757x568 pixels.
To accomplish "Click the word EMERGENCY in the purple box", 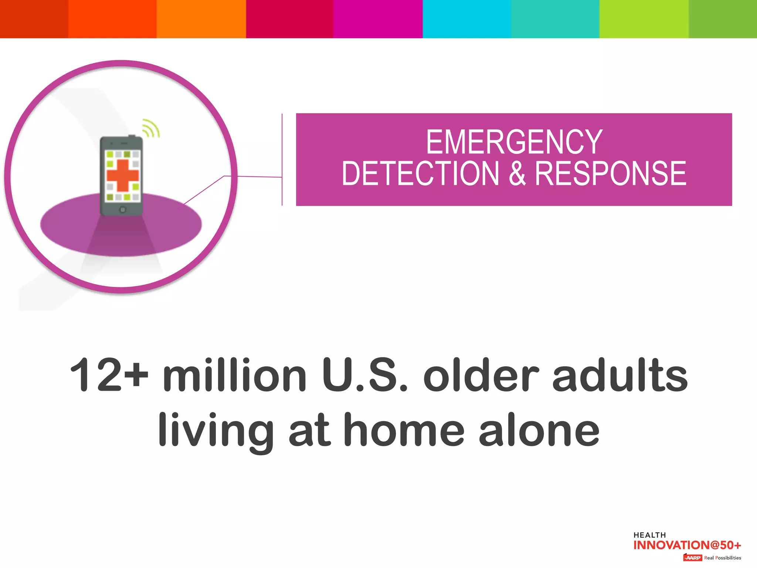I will pyautogui.click(x=514, y=142).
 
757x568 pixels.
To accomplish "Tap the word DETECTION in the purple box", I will pyautogui.click(x=420, y=173).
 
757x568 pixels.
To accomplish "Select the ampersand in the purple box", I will pyautogui.click(x=517, y=173).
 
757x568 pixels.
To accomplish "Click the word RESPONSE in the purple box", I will pyautogui.click(x=611, y=173).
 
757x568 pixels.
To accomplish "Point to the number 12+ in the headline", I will pyautogui.click(x=109, y=375).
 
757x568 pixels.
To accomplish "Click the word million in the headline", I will pyautogui.click(x=235, y=375).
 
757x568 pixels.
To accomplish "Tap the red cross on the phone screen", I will pyautogui.click(x=122, y=175).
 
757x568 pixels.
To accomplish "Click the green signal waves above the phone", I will pyautogui.click(x=151, y=128).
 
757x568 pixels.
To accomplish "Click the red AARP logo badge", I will pyautogui.click(x=692, y=558).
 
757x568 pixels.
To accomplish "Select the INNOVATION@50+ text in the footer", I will pyautogui.click(x=687, y=545).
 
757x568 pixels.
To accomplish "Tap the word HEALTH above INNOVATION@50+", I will pyautogui.click(x=649, y=535).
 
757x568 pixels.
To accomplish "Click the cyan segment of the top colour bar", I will pyautogui.click(x=466, y=18).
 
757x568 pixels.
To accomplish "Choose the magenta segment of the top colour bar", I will pyautogui.click(x=378, y=18).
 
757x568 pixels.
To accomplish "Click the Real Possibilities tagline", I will pyautogui.click(x=722, y=558).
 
